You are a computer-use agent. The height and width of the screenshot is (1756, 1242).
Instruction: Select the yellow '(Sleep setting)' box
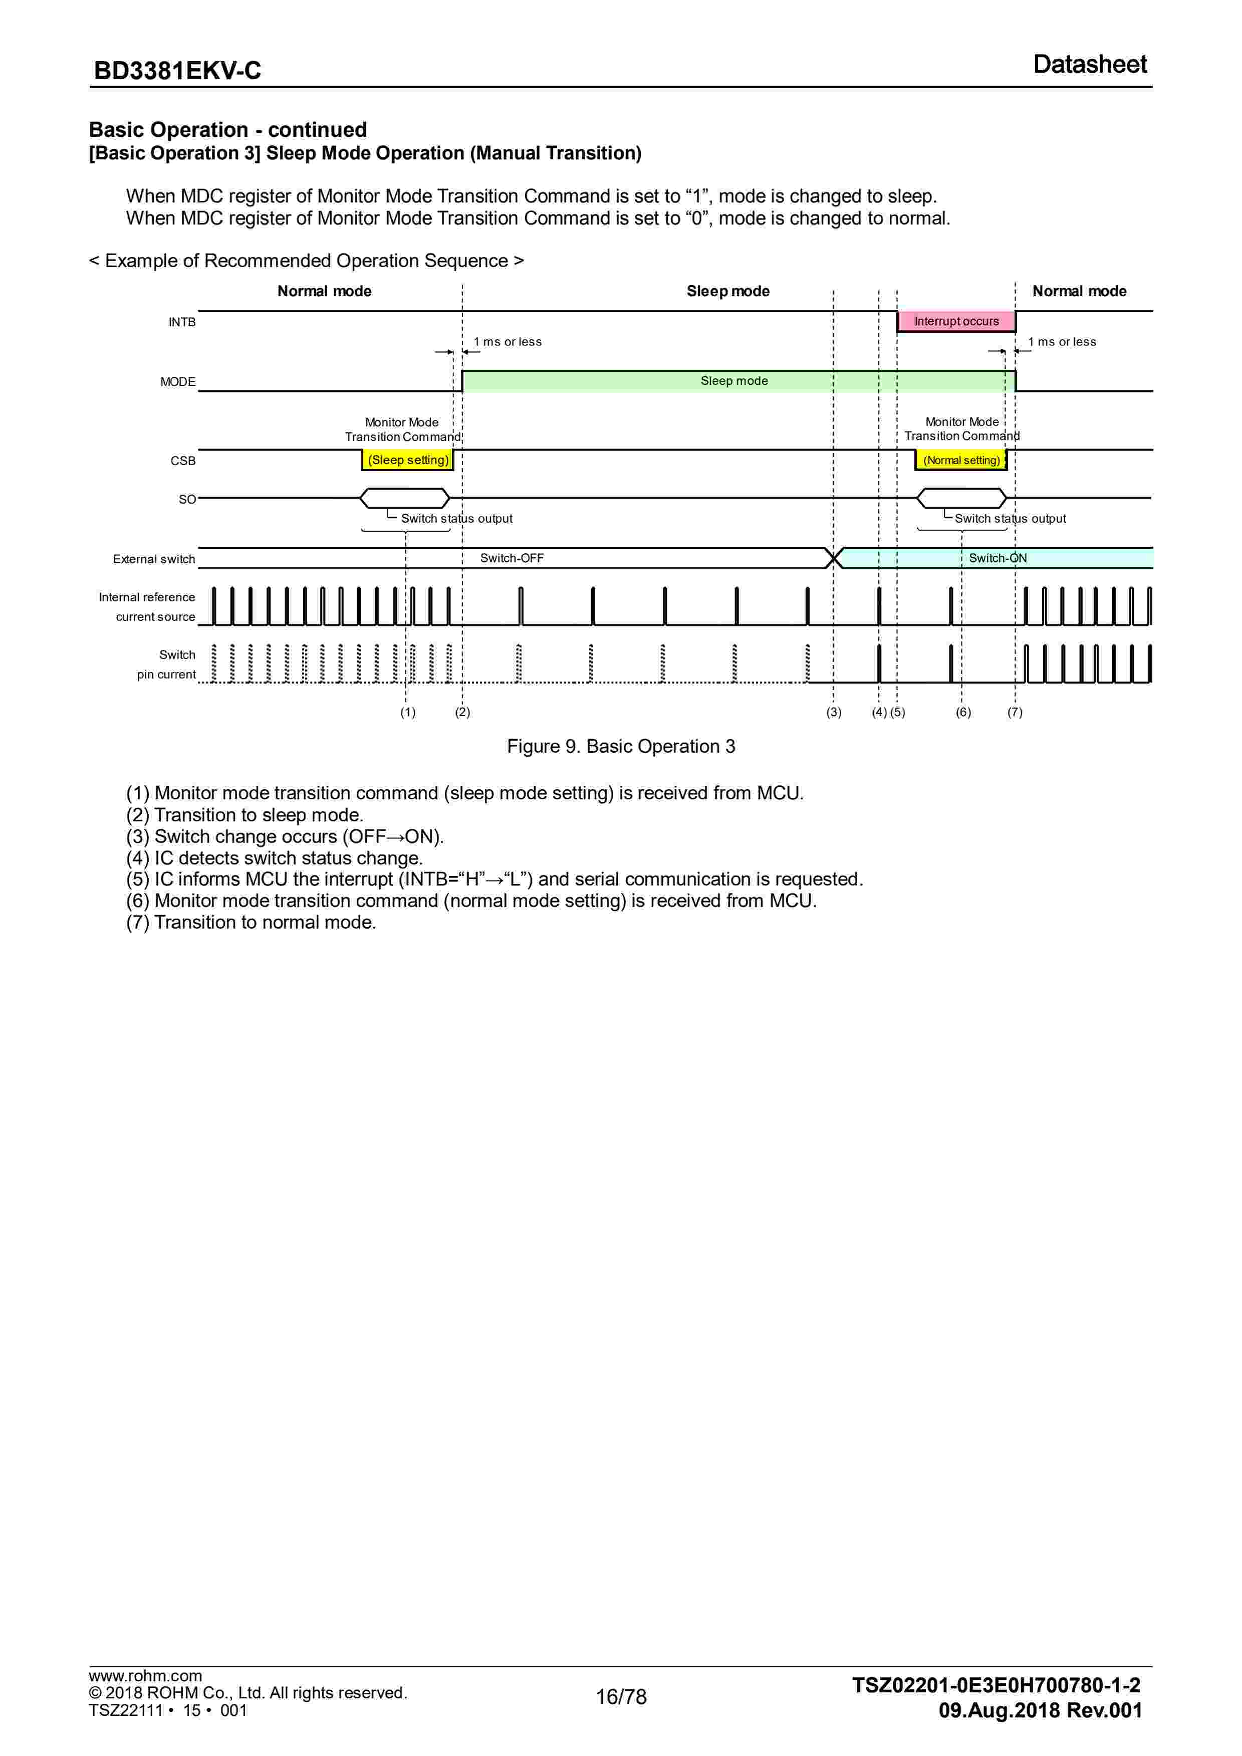408,460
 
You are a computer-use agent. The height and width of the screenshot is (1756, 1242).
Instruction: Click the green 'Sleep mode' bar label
734,381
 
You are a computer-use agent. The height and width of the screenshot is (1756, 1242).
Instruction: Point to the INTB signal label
182,322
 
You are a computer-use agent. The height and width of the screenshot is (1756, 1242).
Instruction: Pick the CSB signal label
183,461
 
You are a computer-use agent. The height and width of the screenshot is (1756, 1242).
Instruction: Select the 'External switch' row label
154,559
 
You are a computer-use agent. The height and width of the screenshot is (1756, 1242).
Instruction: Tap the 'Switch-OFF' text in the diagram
512,558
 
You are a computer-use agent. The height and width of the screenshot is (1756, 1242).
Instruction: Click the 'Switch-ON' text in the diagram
998,558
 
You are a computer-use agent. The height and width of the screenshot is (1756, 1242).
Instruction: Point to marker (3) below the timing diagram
834,712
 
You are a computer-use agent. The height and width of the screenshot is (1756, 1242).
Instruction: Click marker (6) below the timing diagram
963,712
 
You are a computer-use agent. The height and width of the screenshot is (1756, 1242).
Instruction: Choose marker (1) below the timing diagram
408,712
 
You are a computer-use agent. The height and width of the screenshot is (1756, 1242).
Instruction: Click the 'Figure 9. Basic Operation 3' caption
621,747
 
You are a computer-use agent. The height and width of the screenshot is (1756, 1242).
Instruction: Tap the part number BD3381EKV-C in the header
177,70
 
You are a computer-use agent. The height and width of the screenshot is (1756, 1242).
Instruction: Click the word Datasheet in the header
1089,64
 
